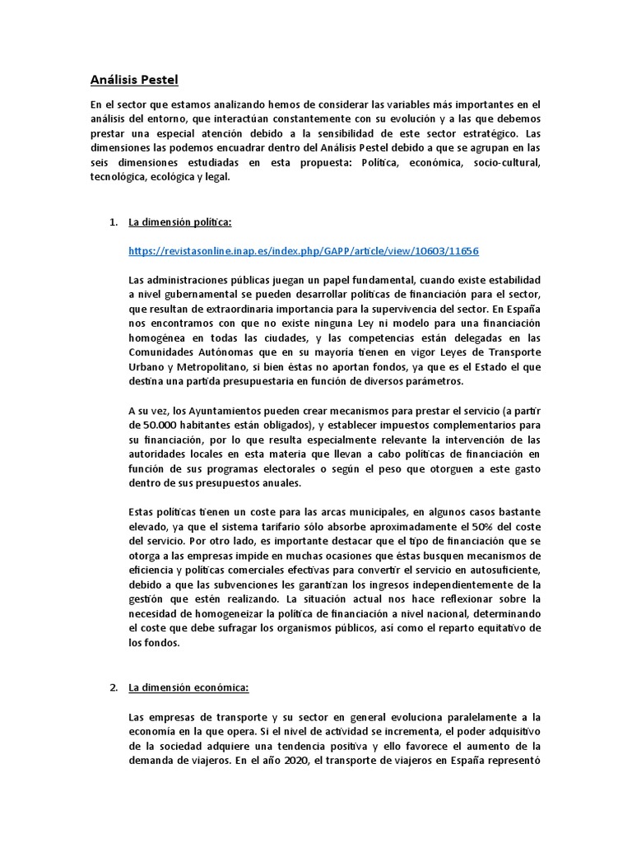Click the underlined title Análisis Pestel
click(133, 80)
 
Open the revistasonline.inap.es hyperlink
click(304, 250)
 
